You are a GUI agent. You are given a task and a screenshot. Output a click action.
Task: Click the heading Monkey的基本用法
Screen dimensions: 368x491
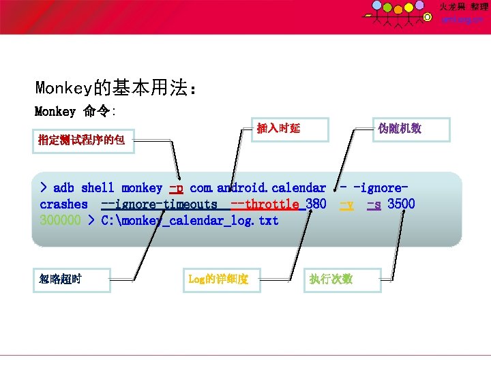117,88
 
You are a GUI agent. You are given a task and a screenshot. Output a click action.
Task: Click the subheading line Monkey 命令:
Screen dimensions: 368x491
76,111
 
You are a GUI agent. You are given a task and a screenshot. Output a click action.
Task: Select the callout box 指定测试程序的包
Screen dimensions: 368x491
83,140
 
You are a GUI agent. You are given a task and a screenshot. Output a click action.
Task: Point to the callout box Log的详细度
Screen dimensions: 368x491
220,279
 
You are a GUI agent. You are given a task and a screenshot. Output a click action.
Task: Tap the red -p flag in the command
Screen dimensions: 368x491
176,187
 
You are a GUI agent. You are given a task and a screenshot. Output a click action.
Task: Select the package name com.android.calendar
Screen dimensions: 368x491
258,187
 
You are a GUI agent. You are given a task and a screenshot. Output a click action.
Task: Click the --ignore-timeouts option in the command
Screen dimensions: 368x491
159,204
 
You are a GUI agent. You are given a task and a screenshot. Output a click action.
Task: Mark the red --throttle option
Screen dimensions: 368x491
265,204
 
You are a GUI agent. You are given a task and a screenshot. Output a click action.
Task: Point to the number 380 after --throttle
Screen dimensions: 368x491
316,204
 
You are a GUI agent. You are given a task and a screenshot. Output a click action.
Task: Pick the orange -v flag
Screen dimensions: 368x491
346,204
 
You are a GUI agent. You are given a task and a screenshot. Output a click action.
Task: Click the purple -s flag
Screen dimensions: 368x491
374,204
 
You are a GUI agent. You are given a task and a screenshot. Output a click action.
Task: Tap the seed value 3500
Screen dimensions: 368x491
402,204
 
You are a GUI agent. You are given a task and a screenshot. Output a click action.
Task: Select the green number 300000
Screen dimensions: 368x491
61,220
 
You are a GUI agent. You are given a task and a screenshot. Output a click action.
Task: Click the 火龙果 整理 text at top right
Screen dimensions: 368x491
464,7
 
